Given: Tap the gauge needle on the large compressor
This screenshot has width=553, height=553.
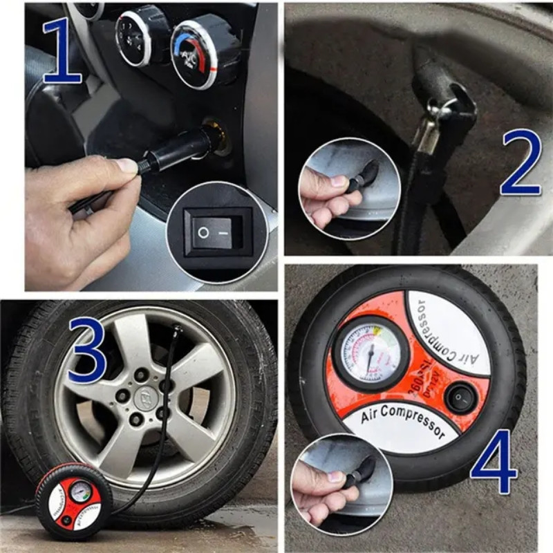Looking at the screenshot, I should pyautogui.click(x=371, y=355).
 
